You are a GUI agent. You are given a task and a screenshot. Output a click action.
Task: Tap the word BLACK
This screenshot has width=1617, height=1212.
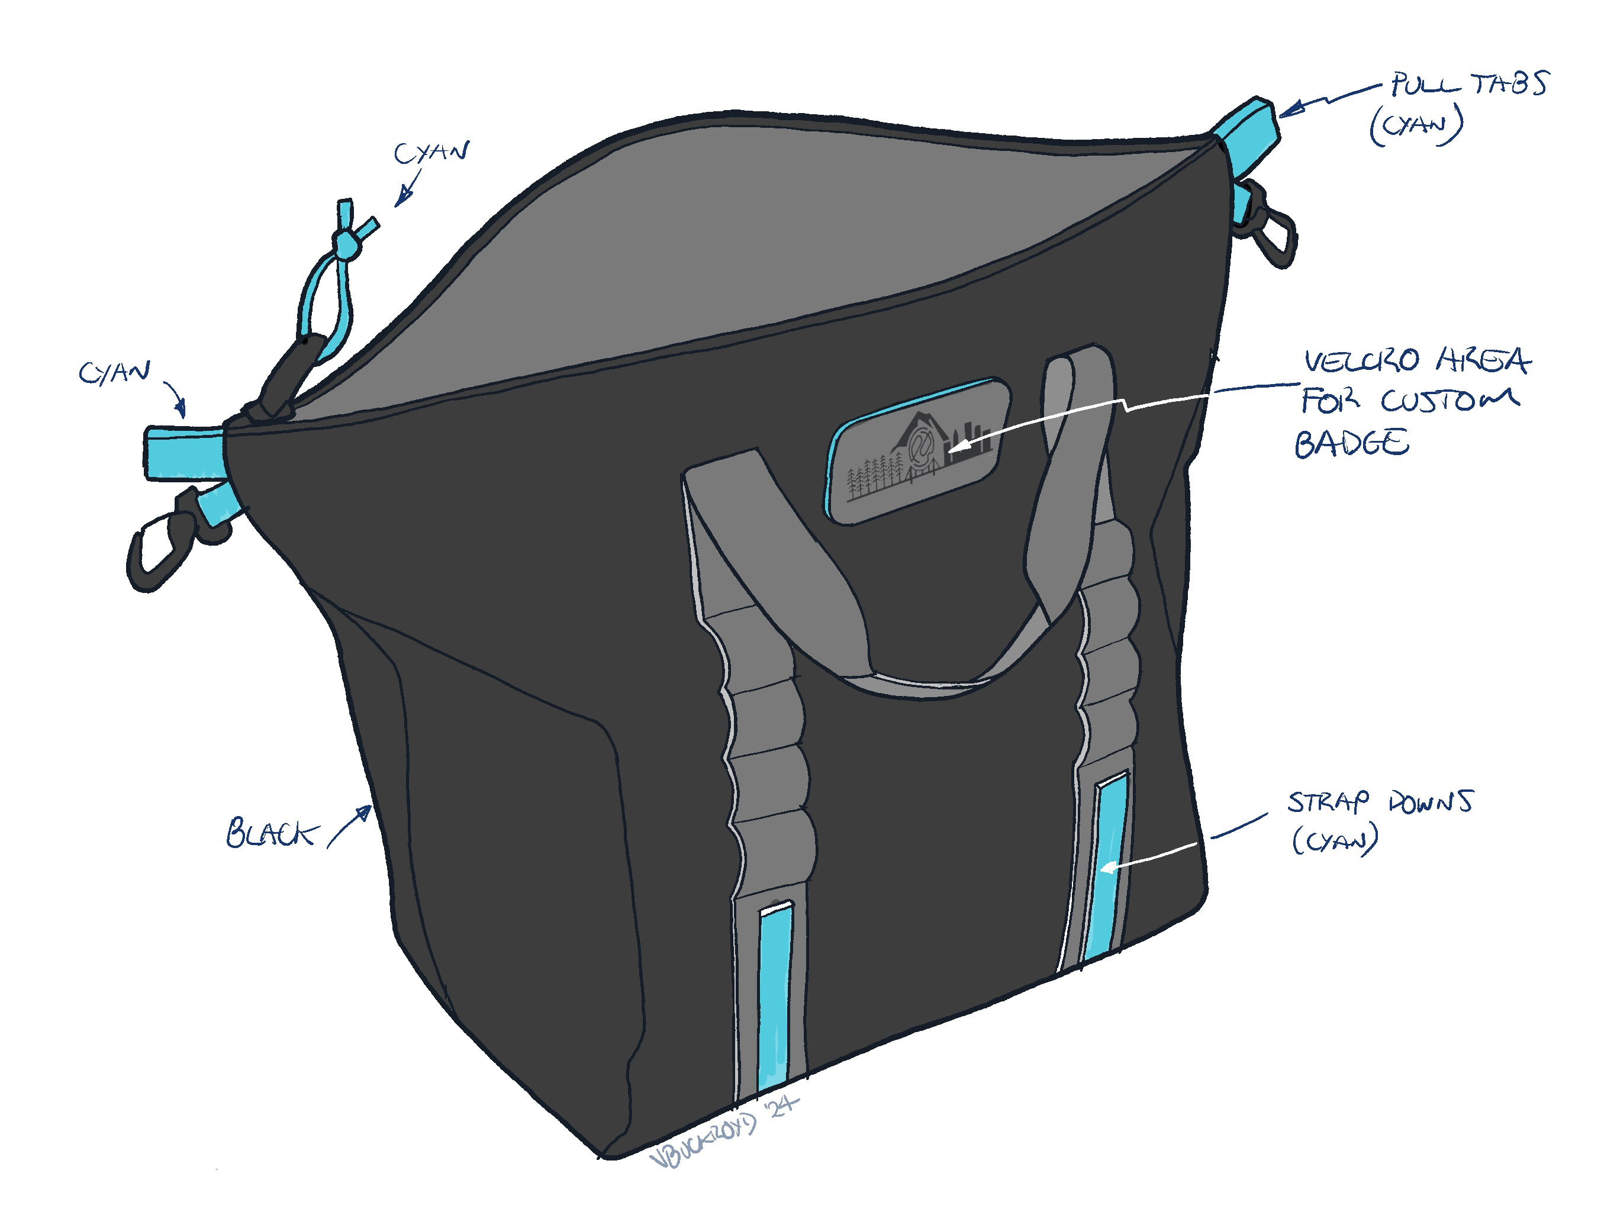[x=271, y=834]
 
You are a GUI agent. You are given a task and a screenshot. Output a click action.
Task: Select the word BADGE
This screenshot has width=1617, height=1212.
[x=1352, y=444]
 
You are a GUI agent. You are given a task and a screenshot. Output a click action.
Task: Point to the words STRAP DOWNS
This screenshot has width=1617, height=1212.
[x=1380, y=802]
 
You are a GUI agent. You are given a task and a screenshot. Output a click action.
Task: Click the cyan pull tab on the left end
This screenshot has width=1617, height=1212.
[x=184, y=453]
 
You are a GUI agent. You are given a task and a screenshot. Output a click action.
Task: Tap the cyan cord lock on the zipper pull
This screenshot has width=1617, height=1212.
[x=344, y=243]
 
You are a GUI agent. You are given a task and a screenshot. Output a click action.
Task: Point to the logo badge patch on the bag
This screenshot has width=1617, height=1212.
[x=917, y=450]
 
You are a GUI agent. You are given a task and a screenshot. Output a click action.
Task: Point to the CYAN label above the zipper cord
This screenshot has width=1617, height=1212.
[x=431, y=153]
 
